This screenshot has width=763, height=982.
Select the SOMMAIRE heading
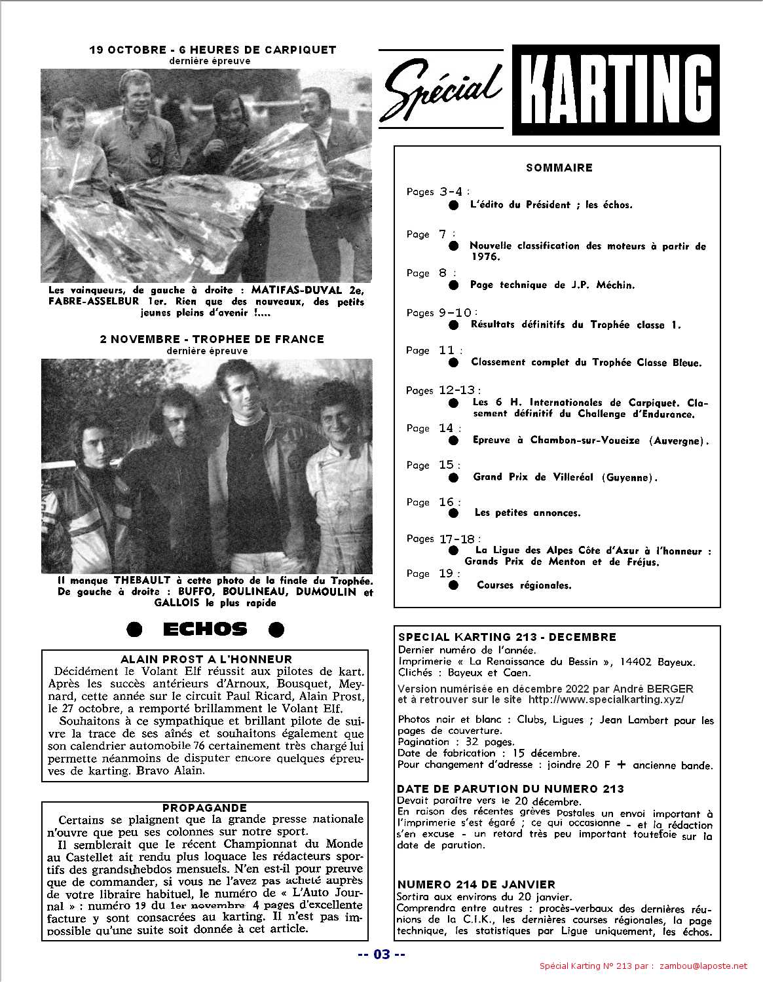point(559,168)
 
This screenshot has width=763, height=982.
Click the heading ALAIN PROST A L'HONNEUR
point(206,659)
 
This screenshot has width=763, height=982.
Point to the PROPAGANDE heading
point(204,808)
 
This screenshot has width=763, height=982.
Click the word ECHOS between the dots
point(205,630)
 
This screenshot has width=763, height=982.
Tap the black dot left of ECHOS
point(134,630)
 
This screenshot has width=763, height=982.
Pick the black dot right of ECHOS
point(276,630)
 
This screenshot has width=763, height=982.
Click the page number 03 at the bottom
point(381,954)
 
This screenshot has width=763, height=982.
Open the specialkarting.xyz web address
point(606,699)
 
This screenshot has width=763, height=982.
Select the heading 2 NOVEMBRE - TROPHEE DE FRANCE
point(212,339)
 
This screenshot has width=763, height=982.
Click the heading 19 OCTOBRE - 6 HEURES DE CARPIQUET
point(213,50)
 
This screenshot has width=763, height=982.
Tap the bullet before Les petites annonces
point(454,513)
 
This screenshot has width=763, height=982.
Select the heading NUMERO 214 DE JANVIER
point(476,884)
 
